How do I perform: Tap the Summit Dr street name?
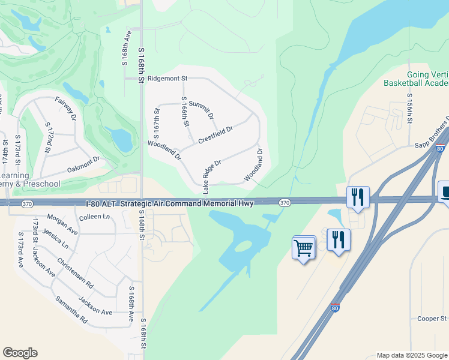[200, 110]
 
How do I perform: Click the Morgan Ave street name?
[62, 224]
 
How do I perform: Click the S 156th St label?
[410, 109]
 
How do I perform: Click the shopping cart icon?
[304, 247]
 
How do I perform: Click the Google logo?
[20, 353]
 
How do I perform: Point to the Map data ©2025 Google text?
[411, 355]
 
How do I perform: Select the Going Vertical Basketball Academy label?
[417, 79]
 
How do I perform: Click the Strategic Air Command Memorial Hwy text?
[187, 204]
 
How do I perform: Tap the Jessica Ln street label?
[56, 241]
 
